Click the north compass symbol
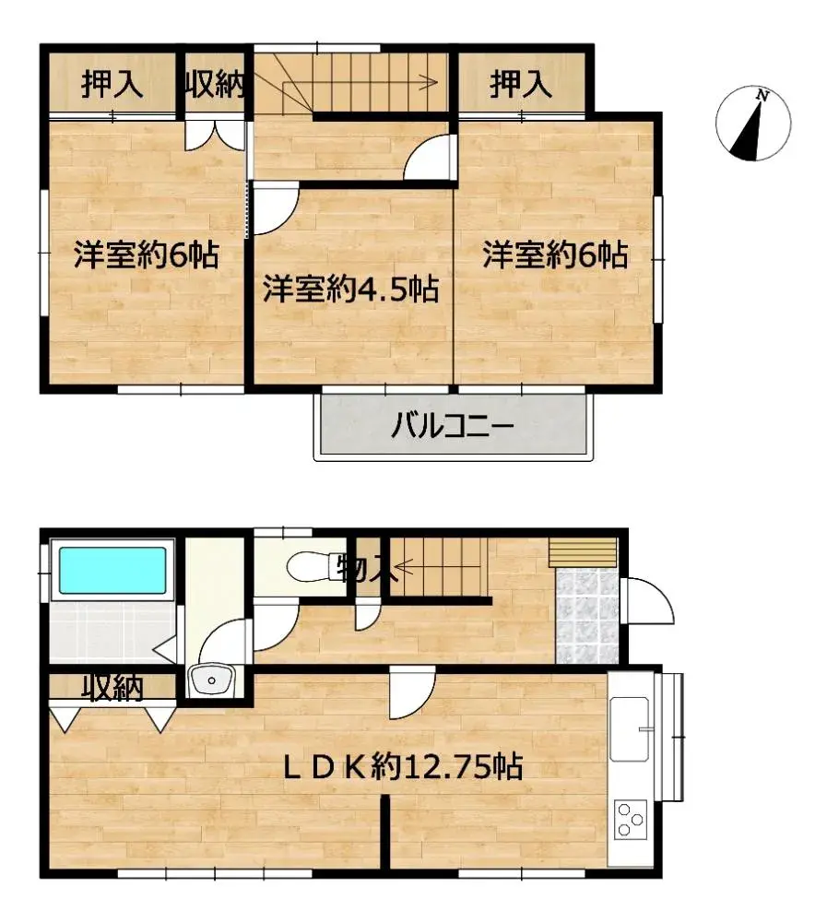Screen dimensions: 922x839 (753, 123)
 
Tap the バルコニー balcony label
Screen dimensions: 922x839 (452, 426)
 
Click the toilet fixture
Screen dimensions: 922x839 (304, 565)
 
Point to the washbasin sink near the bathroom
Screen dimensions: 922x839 (213, 682)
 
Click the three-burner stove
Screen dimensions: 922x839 (631, 819)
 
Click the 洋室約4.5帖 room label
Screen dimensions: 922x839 (350, 290)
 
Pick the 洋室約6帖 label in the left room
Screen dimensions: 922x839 (147, 254)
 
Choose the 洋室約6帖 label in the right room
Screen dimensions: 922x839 (555, 254)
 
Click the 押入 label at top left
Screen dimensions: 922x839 (112, 85)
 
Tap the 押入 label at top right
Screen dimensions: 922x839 (521, 85)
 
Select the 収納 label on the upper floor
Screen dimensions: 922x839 (215, 85)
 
